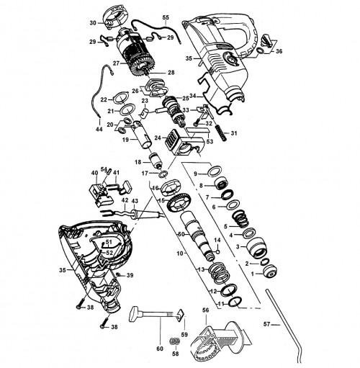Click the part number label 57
tap(266, 324)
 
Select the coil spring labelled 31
tap(222, 133)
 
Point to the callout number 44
tap(99, 130)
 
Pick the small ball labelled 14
tap(218, 251)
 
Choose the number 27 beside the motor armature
tap(117, 63)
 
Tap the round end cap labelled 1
tap(270, 271)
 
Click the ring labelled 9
tap(214, 171)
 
